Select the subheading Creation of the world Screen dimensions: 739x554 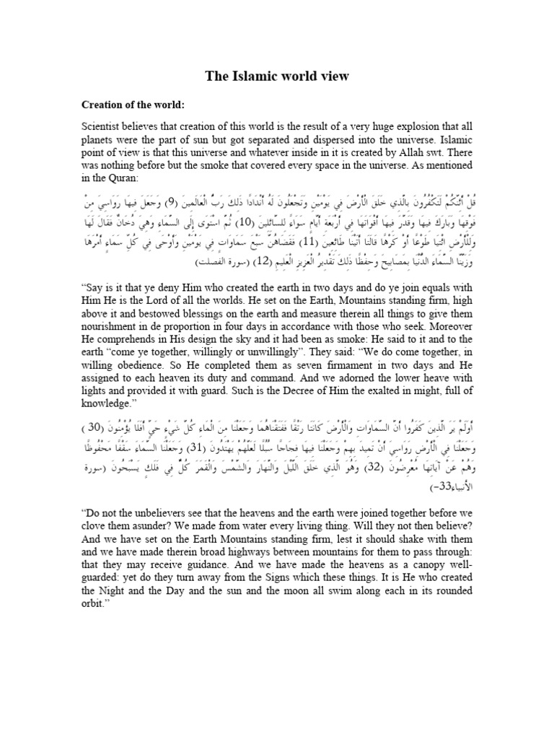pyautogui.click(x=133, y=105)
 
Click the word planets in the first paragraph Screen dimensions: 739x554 pyautogui.click(x=99, y=141)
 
